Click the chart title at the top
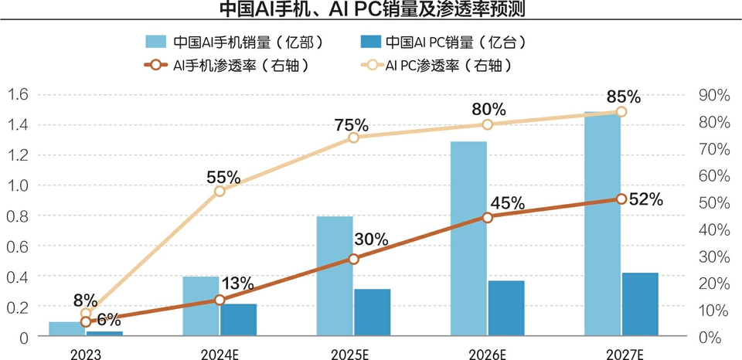[372, 8]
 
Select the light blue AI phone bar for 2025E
[335, 276]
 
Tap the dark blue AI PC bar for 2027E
[640, 304]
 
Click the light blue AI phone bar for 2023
[66, 329]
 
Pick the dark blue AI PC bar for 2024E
[238, 320]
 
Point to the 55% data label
[223, 178]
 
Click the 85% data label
[624, 97]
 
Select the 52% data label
[645, 199]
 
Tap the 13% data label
[237, 284]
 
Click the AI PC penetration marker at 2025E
[353, 138]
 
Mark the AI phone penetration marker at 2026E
[488, 217]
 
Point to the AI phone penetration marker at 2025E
[353, 259]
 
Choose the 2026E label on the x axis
[488, 354]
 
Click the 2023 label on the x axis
[85, 354]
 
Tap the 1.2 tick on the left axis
[19, 155]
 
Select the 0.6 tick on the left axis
[19, 246]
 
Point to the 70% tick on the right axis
[714, 149]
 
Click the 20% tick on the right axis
[714, 284]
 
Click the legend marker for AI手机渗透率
[157, 66]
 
